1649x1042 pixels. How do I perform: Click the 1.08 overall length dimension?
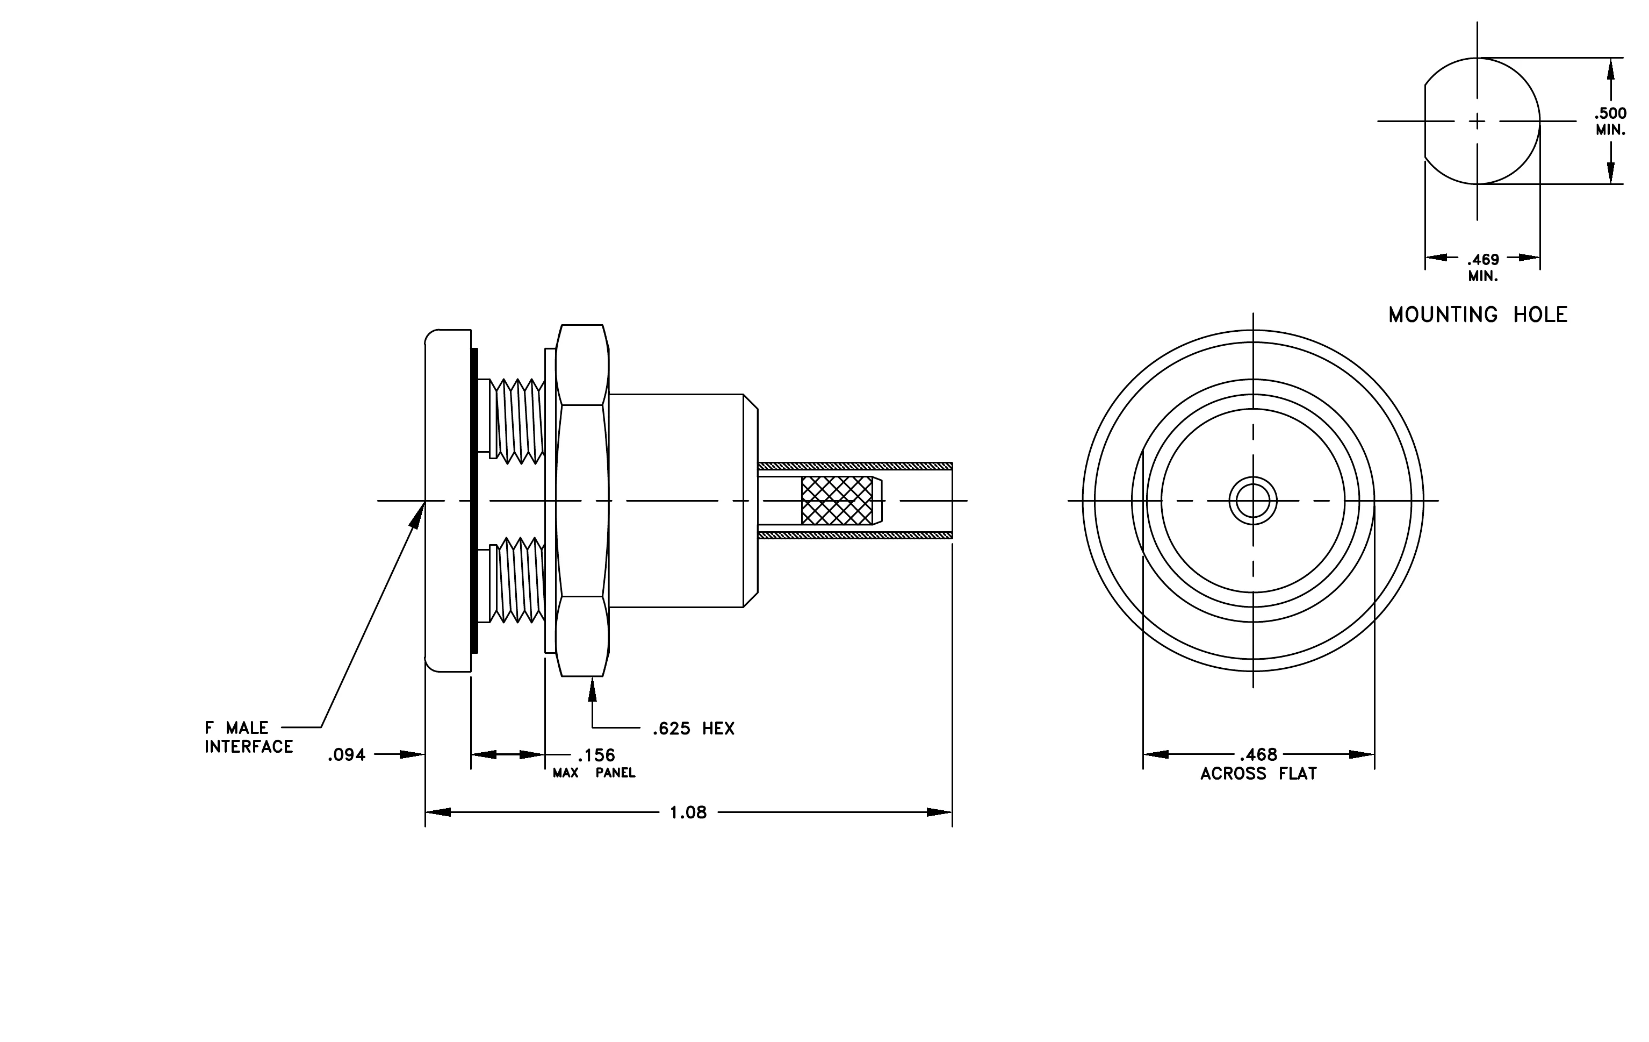pos(688,812)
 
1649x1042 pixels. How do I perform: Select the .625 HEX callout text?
pos(693,729)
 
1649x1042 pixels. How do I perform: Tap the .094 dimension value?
pos(347,755)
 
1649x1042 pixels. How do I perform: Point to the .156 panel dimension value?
pos(596,755)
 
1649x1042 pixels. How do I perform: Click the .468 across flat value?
pos(1259,754)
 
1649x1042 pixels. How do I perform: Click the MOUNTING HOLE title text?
pos(1478,315)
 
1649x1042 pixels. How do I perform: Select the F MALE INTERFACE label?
pos(249,737)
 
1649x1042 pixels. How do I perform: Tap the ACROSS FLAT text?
pos(1259,774)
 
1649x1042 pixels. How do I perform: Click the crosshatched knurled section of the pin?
pos(837,501)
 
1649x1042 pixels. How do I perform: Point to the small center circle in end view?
pos(1253,501)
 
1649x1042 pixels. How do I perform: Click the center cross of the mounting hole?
pos(1477,122)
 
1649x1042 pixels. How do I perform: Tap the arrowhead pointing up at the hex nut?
pos(592,689)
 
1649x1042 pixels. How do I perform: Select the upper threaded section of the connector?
pos(519,420)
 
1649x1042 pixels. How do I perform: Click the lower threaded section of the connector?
pos(519,580)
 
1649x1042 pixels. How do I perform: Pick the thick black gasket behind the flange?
pos(474,501)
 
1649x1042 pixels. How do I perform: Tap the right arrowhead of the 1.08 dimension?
pos(940,812)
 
